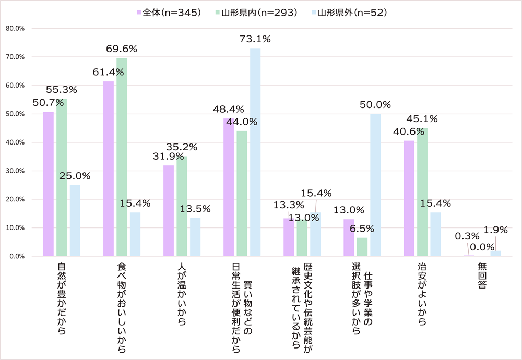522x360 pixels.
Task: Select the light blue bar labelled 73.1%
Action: click(x=255, y=152)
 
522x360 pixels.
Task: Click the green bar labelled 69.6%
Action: click(x=122, y=157)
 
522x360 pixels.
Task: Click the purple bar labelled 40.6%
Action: click(x=409, y=198)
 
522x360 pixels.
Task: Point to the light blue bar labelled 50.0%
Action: click(x=375, y=185)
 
